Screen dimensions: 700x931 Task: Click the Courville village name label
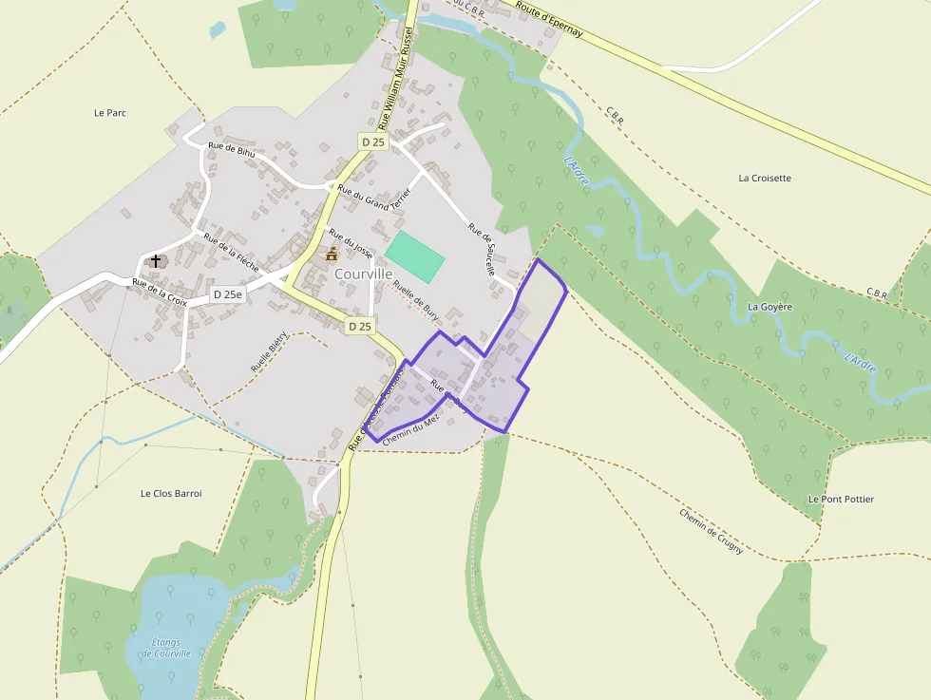pos(364,274)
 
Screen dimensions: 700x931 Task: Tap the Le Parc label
pos(110,113)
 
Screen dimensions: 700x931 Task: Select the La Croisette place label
pos(765,178)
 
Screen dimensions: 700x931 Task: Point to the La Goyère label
pos(769,307)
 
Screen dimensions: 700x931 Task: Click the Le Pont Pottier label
pos(841,500)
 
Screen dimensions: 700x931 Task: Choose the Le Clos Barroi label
pos(171,494)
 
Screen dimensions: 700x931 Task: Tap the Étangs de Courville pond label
pos(165,648)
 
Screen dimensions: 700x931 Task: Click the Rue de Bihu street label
pos(233,150)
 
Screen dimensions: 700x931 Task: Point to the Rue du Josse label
pos(351,238)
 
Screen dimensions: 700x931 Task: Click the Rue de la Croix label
pos(160,292)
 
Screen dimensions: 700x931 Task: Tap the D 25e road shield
pos(228,295)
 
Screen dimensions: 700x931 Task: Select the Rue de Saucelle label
pos(482,249)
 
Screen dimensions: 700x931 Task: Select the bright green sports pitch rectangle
pos(415,255)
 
